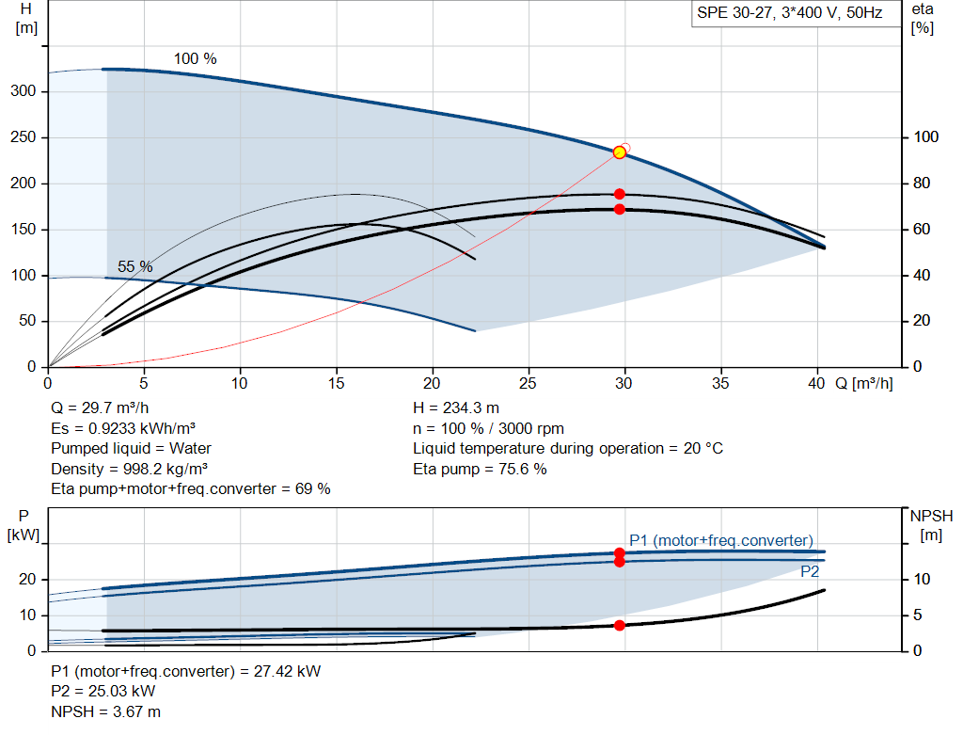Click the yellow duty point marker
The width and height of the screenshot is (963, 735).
click(619, 152)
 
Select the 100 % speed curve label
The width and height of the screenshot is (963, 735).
click(196, 59)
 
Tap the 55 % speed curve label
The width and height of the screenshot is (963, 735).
click(135, 266)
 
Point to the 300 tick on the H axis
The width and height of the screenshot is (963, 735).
click(24, 91)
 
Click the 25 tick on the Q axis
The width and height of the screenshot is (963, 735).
click(528, 383)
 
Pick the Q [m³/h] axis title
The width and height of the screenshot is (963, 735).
click(864, 383)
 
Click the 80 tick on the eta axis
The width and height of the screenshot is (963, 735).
click(922, 184)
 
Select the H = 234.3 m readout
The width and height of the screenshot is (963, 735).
click(456, 408)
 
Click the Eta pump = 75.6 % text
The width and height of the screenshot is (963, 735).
click(480, 469)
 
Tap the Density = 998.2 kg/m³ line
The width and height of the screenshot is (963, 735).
click(129, 469)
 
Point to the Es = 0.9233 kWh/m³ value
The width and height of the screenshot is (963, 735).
click(123, 428)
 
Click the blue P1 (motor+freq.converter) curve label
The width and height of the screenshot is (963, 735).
click(721, 540)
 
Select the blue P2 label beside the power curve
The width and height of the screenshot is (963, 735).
click(810, 571)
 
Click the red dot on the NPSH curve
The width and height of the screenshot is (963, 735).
click(619, 626)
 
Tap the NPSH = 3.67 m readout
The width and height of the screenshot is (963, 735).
click(105, 711)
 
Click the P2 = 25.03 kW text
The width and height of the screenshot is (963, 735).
click(103, 692)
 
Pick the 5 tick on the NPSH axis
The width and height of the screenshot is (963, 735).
click(918, 615)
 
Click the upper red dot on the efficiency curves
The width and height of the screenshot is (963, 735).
click(619, 194)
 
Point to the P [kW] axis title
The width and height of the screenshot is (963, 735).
click(24, 525)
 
